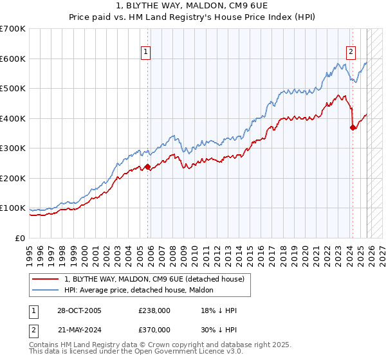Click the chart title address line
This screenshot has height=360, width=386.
point(192,6)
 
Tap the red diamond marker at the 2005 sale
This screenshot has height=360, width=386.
point(148,167)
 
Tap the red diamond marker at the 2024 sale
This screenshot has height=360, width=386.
point(353,128)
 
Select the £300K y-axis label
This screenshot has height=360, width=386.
point(13,148)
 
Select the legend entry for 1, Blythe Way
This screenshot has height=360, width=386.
point(154,280)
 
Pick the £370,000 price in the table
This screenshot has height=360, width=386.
point(154,329)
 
